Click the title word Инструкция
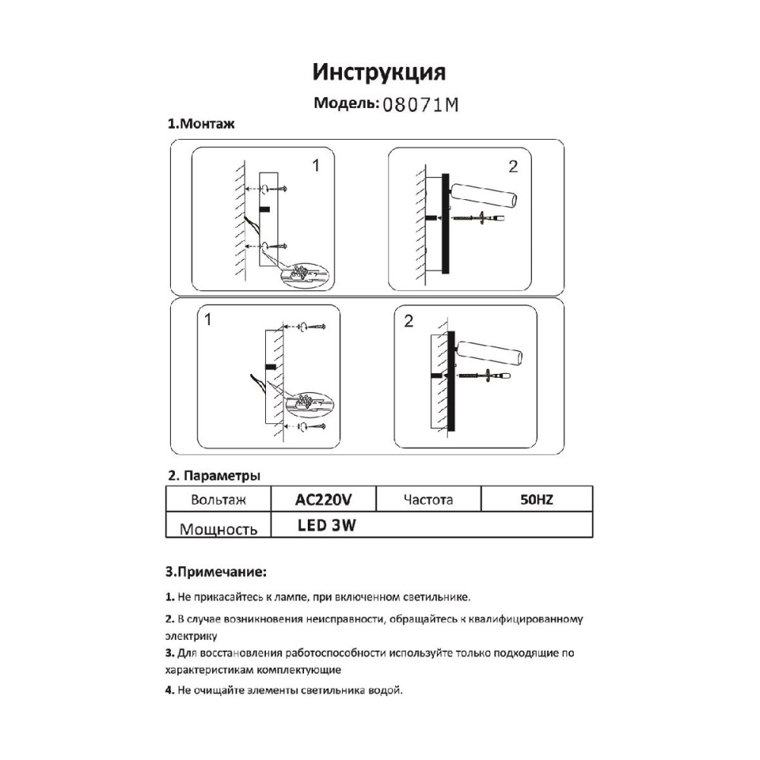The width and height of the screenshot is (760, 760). [x=379, y=72]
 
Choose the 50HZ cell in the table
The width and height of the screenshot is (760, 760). [x=536, y=499]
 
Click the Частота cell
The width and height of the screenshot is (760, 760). [x=429, y=499]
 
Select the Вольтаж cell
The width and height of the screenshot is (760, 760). [x=219, y=500]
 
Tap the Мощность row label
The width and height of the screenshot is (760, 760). [x=218, y=529]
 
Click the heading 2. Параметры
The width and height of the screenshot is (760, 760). [x=214, y=476]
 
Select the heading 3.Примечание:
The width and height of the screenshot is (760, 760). [x=216, y=571]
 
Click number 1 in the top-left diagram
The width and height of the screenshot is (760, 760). [x=316, y=165]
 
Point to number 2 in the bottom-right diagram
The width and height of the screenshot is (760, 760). [x=409, y=321]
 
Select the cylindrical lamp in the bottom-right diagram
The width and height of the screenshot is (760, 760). [x=489, y=354]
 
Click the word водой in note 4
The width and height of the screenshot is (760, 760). [x=384, y=690]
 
